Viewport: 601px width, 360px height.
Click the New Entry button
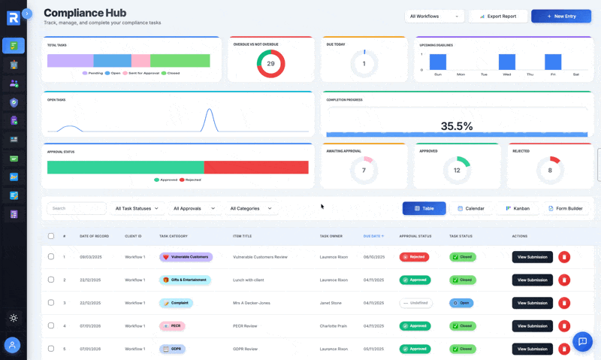560,16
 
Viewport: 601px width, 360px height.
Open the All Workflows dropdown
434,16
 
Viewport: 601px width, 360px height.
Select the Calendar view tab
471,208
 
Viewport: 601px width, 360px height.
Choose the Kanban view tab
518,208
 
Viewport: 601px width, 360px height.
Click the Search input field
76,208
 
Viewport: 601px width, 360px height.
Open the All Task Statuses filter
136,208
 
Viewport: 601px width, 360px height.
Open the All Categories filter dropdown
252,208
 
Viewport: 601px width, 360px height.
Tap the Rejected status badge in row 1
414,257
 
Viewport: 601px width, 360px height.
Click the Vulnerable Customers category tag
186,257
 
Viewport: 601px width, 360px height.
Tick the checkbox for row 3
51,303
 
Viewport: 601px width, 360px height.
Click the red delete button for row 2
564,280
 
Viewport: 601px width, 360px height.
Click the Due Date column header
373,236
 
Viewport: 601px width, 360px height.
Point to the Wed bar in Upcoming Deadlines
507,62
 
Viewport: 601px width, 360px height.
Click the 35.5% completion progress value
457,126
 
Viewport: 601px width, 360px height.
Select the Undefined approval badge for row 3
415,303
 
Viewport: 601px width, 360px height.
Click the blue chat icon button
582,341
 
